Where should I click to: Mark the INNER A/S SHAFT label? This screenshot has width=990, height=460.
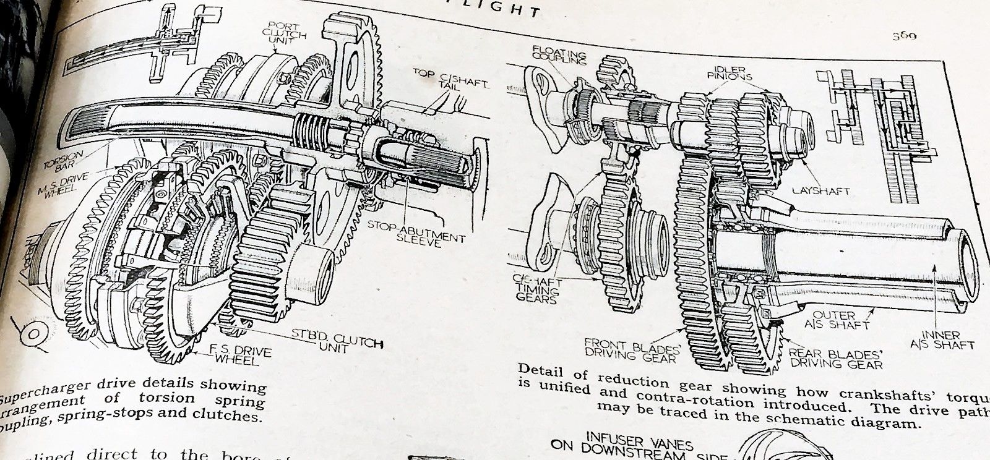pos(947,340)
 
